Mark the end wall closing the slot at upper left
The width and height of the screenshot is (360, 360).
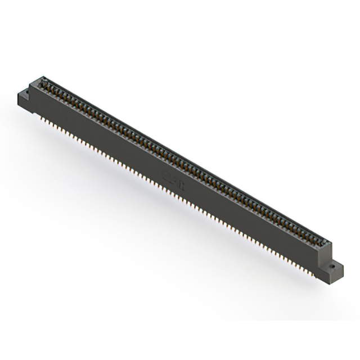pos(40,82)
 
